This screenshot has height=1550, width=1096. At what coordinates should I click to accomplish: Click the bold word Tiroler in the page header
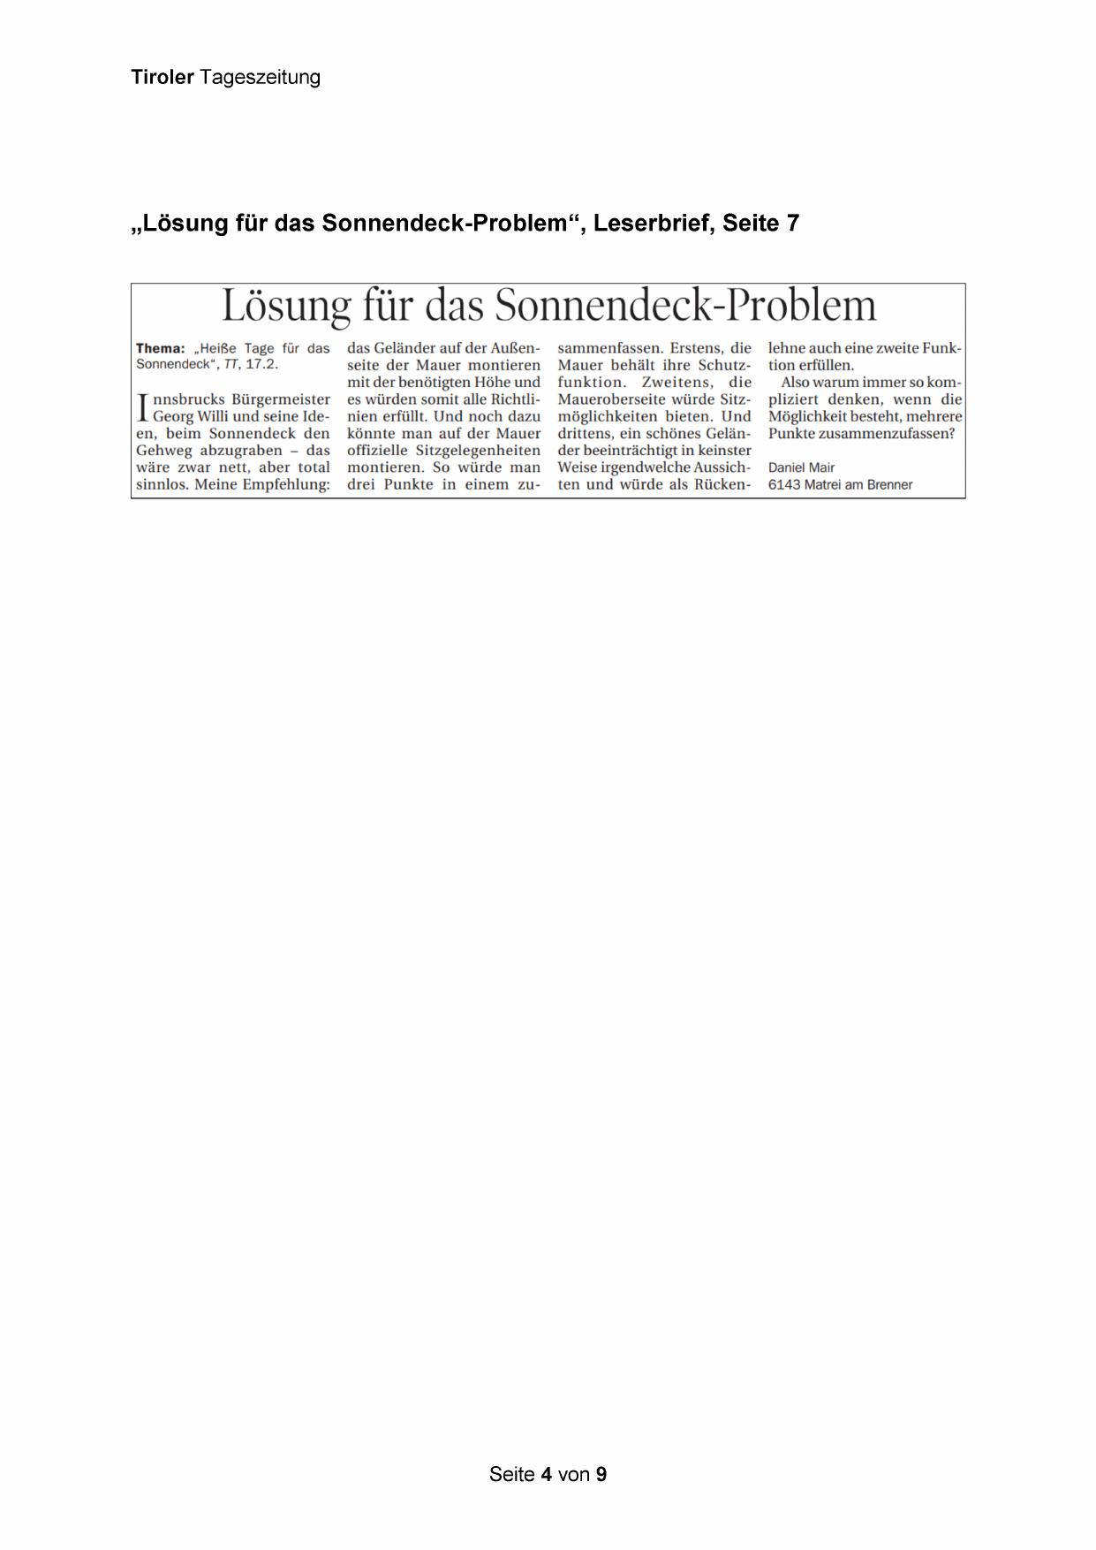coord(163,77)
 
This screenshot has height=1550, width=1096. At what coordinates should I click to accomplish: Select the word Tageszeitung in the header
coord(260,78)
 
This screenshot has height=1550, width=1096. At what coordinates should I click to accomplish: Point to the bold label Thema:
coord(161,348)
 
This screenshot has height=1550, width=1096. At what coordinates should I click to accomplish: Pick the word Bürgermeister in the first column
coord(280,399)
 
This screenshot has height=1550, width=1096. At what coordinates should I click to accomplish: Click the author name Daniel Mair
coord(801,467)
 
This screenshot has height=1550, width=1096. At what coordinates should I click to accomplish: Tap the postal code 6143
coord(783,484)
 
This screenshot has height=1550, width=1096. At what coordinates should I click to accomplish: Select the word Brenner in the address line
coord(889,484)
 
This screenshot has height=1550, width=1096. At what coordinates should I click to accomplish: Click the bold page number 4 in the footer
coord(547,1474)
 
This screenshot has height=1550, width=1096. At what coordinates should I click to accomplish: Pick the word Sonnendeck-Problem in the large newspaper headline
coord(685,306)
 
